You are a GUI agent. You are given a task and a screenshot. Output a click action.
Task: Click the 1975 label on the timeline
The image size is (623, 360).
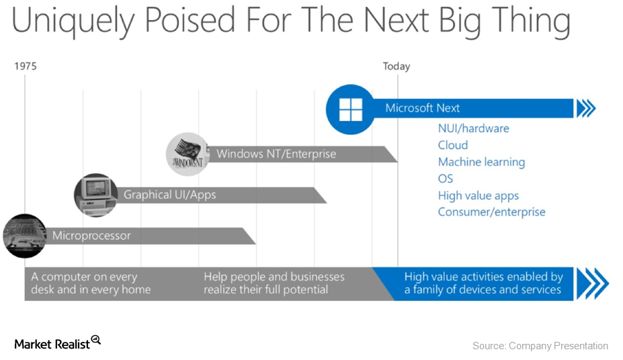point(26,66)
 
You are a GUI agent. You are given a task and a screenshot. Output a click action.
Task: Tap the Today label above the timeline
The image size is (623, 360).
point(396,66)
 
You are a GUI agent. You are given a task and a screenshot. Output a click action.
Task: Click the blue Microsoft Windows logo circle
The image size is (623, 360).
point(350,109)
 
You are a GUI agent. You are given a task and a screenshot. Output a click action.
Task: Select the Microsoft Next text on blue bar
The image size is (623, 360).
point(422,108)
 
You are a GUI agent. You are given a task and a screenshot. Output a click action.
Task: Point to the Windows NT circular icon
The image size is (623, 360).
point(186,154)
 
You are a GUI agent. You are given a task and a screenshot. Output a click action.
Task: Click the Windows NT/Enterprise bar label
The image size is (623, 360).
point(276,154)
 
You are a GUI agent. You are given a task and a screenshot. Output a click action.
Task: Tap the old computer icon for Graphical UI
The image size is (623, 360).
point(95,195)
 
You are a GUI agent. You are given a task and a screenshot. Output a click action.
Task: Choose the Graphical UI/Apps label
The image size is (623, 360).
point(169,195)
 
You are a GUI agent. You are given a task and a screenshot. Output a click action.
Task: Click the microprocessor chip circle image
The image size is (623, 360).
point(24,236)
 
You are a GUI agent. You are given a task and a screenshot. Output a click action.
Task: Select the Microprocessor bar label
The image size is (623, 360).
point(91,236)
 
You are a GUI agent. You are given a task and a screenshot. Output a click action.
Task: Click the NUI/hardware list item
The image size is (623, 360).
point(473,128)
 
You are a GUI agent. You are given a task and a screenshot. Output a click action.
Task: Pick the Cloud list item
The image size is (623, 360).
point(452,145)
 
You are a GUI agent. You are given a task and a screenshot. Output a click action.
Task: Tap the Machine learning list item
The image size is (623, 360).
point(481,162)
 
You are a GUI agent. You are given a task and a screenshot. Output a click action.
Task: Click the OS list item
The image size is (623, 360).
point(446,179)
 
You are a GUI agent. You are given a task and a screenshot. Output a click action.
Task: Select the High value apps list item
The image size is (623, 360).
point(478,195)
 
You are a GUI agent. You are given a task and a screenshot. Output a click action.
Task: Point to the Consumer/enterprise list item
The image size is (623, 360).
point(491,212)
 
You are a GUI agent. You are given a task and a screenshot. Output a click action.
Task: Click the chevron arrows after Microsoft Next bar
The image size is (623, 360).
point(586,108)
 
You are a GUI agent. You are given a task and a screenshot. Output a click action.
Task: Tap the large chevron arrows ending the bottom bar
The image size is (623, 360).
point(592,283)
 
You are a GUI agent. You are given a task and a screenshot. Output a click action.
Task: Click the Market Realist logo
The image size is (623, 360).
point(58,343)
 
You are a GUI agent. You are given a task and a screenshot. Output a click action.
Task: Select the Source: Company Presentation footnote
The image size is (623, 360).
point(540,346)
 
